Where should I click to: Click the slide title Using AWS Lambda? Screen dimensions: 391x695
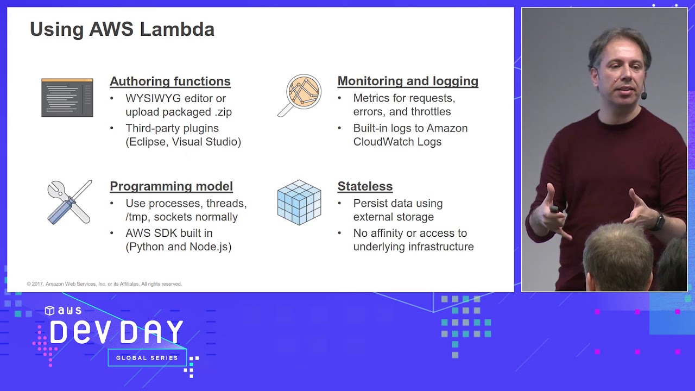tap(122, 29)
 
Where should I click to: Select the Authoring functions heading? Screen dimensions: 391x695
tap(170, 81)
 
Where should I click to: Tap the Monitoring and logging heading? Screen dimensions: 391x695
tap(408, 81)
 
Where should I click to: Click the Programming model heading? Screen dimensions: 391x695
tap(171, 186)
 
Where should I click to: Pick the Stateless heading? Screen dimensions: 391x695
tap(365, 186)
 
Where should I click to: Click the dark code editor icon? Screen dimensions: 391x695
tap(67, 98)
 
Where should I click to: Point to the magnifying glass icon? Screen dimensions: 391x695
tap(300, 94)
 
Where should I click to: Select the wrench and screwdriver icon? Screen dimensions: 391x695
tap(69, 202)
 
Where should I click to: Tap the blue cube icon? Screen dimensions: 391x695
tap(299, 202)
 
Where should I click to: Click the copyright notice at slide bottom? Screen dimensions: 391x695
tap(104, 284)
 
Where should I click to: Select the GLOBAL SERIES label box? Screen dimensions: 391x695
tap(147, 358)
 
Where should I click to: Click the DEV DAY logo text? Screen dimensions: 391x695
tap(117, 332)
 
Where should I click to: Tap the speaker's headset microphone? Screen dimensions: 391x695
tap(643, 96)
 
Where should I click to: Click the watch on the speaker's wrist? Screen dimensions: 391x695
tap(659, 221)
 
